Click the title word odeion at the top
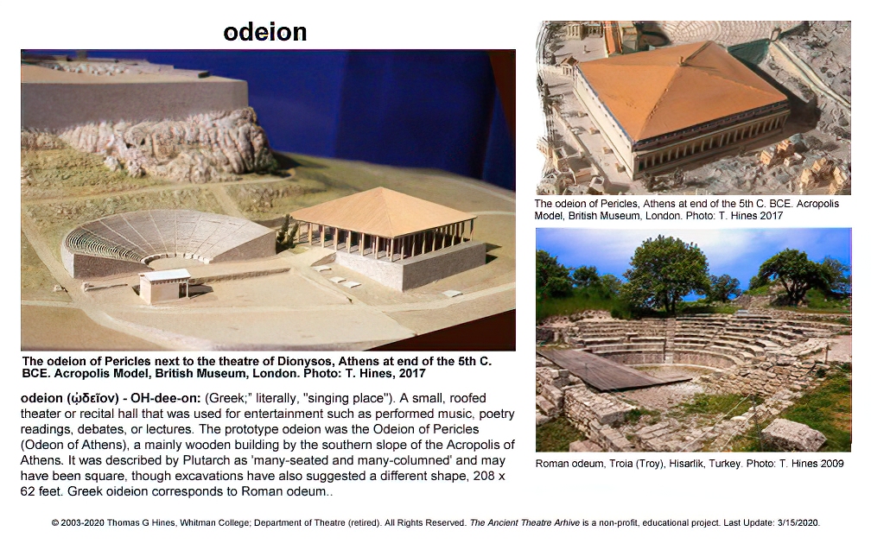265,32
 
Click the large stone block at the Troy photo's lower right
794,434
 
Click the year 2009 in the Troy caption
832,464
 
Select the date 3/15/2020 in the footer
798,523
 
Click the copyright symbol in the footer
55,523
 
